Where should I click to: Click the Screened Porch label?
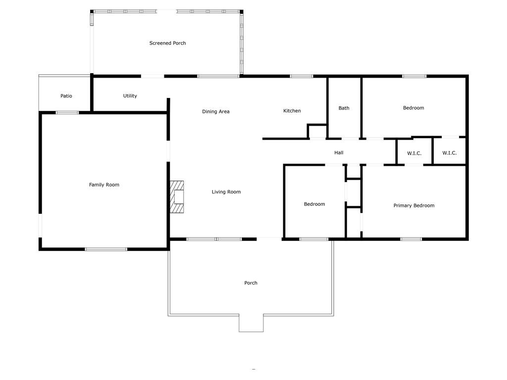pyautogui.click(x=167, y=43)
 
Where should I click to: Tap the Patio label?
pyautogui.click(x=66, y=96)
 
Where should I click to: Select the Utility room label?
pyautogui.click(x=130, y=96)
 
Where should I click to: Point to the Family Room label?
pyautogui.click(x=104, y=185)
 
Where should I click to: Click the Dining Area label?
pyautogui.click(x=216, y=111)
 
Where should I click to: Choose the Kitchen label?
pyautogui.click(x=292, y=111)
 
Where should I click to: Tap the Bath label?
pyautogui.click(x=344, y=108)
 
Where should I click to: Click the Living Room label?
pyautogui.click(x=226, y=192)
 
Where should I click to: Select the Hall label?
pyautogui.click(x=339, y=152)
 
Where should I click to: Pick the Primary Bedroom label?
pyautogui.click(x=414, y=205)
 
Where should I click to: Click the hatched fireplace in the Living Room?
pyautogui.click(x=177, y=197)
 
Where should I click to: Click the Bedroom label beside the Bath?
pyautogui.click(x=413, y=108)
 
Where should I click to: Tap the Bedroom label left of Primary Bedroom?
pyautogui.click(x=314, y=204)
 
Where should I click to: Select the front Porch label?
pyautogui.click(x=251, y=283)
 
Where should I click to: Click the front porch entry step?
pyautogui.click(x=251, y=323)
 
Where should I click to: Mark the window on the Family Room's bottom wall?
pyautogui.click(x=106, y=249)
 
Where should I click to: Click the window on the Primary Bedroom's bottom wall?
pyautogui.click(x=411, y=239)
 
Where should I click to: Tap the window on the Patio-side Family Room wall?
pyautogui.click(x=67, y=113)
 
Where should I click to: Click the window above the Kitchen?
pyautogui.click(x=302, y=76)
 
